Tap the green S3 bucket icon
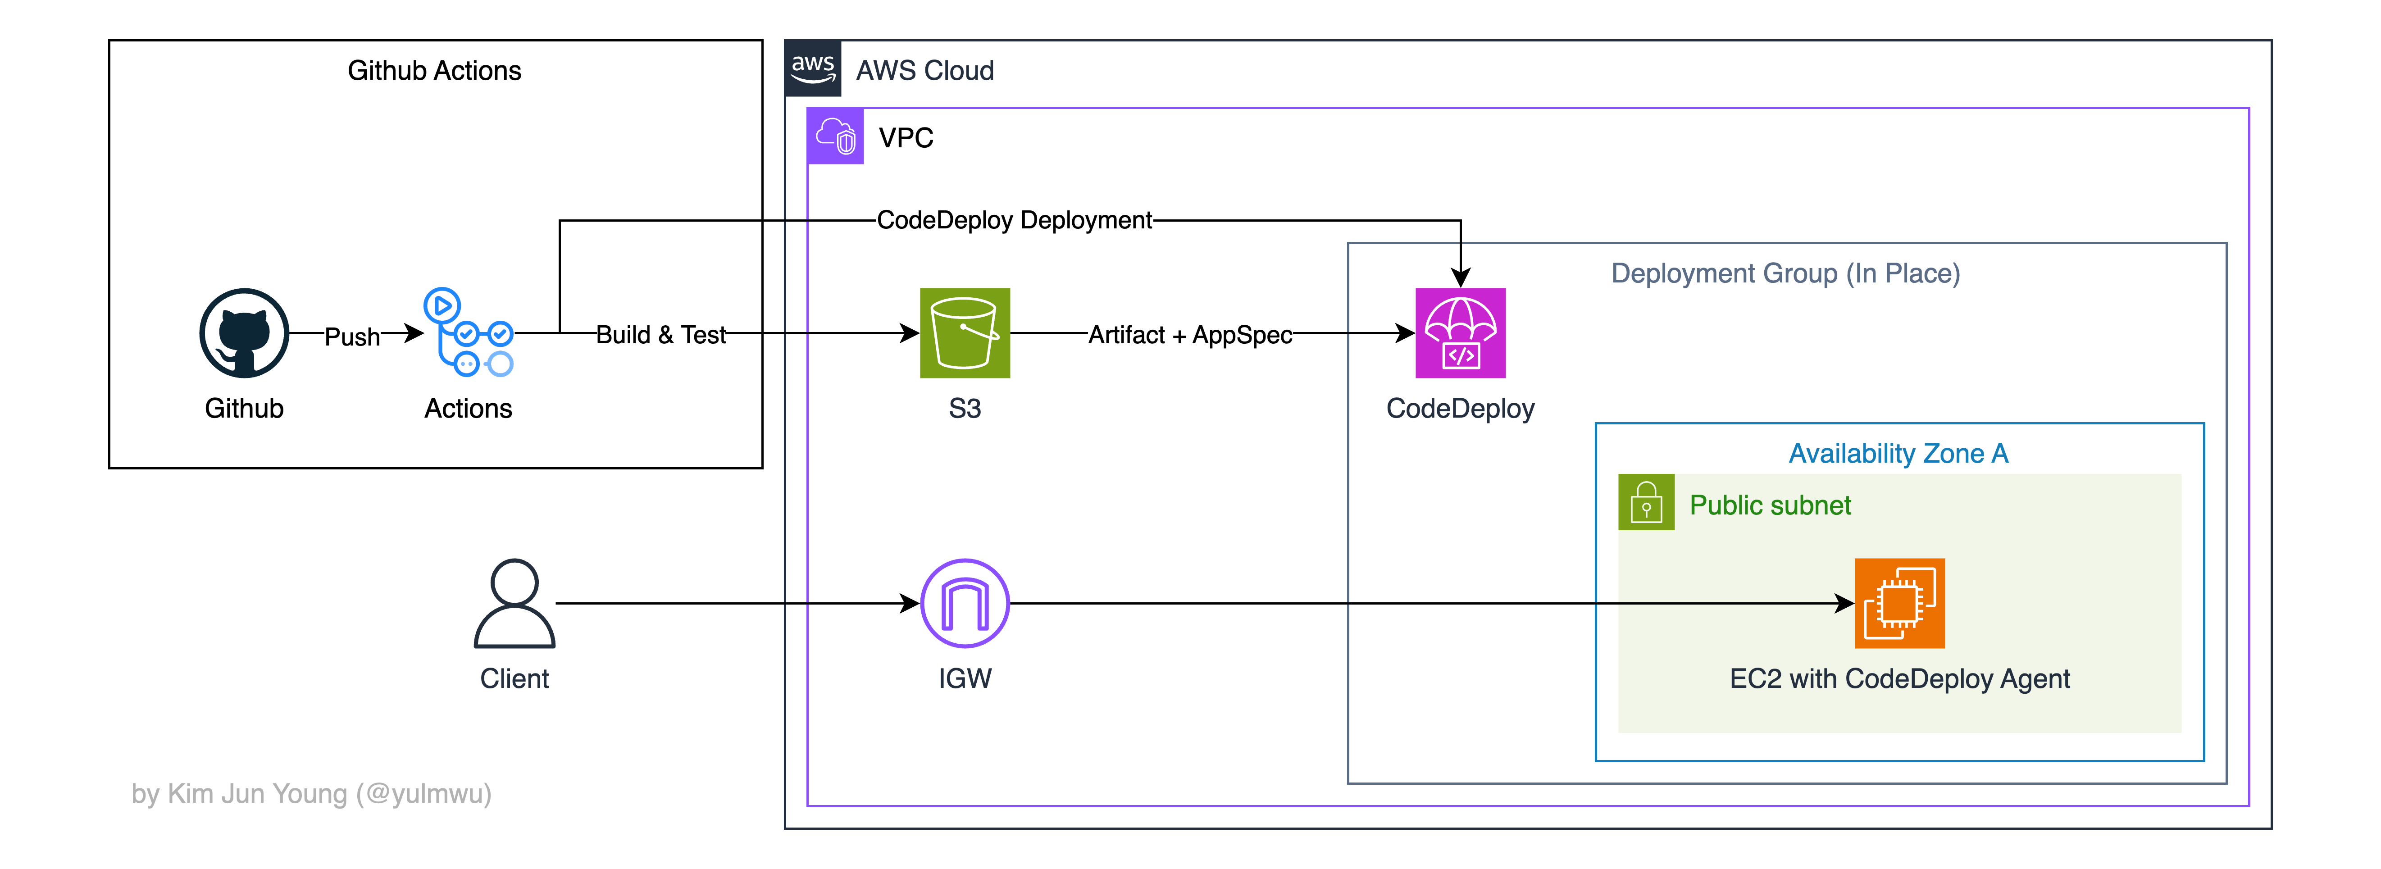(964, 333)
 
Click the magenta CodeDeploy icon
(1461, 333)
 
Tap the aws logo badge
(812, 68)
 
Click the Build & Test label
(661, 335)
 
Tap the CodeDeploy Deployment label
(1014, 220)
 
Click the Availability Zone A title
(1898, 453)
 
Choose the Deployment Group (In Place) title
(1785, 273)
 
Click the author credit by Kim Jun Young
(311, 793)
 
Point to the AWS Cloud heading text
(924, 70)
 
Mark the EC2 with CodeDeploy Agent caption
(1899, 678)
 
